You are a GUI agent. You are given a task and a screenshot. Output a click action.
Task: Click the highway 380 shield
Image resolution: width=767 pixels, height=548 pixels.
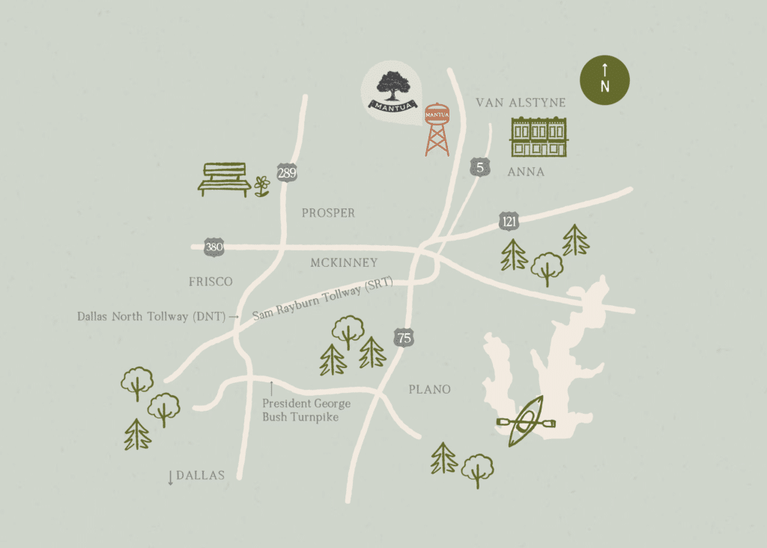coord(214,247)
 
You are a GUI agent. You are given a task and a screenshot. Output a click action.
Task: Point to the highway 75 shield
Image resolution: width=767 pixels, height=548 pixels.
coord(404,337)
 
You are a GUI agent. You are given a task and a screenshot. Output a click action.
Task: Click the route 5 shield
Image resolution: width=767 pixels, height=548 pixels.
coord(479,167)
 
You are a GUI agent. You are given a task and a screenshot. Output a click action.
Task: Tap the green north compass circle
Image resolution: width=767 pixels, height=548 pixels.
coord(605,81)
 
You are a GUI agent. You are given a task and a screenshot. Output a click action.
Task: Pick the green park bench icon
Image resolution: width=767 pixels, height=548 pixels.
coord(224,179)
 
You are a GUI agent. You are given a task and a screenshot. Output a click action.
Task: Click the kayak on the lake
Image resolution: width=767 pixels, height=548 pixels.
coord(527,421)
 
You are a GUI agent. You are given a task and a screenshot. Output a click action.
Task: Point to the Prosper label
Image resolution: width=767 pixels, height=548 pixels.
coord(328,213)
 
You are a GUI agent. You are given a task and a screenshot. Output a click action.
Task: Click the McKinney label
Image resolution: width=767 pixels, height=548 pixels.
coord(344,262)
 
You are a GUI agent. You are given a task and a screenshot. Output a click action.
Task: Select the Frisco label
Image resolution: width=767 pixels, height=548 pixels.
coord(211,282)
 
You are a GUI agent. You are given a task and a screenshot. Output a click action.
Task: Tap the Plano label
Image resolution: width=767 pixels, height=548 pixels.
coord(429,389)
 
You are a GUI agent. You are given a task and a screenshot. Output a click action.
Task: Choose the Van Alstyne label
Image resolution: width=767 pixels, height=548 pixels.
coord(521,103)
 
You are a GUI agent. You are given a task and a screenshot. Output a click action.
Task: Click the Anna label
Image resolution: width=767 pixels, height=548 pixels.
coord(526,172)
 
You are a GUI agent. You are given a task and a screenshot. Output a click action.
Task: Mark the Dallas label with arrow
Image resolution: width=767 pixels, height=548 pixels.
coord(196,475)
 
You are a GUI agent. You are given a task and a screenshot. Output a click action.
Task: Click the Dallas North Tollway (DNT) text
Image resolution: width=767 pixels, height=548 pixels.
coord(151,316)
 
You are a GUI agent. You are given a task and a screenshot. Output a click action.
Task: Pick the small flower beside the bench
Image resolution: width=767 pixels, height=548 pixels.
coord(261,185)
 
